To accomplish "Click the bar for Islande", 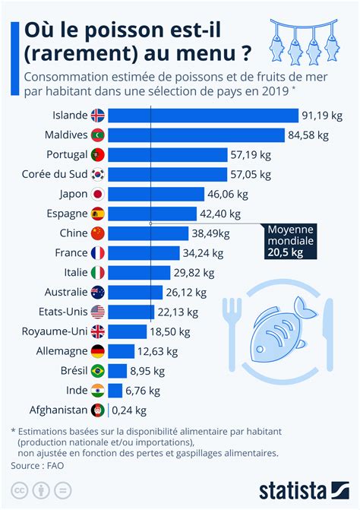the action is click(203, 116).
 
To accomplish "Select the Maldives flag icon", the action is click(98, 135).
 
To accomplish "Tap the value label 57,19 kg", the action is click(251, 155).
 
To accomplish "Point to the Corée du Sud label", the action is click(55, 174).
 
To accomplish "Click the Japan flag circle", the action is click(98, 194).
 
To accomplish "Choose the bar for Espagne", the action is click(153, 214).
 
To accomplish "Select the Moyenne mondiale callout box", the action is click(290, 241).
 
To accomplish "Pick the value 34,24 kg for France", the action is click(203, 253).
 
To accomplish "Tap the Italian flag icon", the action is click(98, 273).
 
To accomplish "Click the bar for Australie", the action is click(135, 293).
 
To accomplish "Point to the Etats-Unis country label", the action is click(63, 312).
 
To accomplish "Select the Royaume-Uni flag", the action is click(98, 331).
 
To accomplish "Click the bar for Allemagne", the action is click(122, 351).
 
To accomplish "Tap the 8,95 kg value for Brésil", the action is click(147, 371).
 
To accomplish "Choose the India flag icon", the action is click(98, 391).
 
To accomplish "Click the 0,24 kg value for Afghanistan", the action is click(129, 410).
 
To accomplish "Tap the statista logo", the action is click(304, 491).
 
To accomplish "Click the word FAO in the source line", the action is click(55, 465).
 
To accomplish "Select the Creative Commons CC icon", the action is click(19, 490).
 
